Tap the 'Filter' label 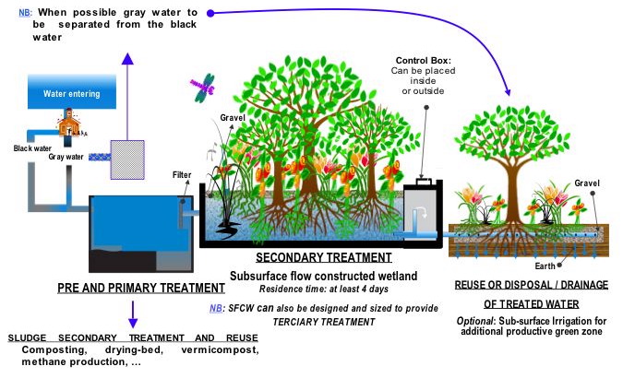pyautogui.click(x=182, y=173)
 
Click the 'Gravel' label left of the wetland pyautogui.click(x=232, y=118)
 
